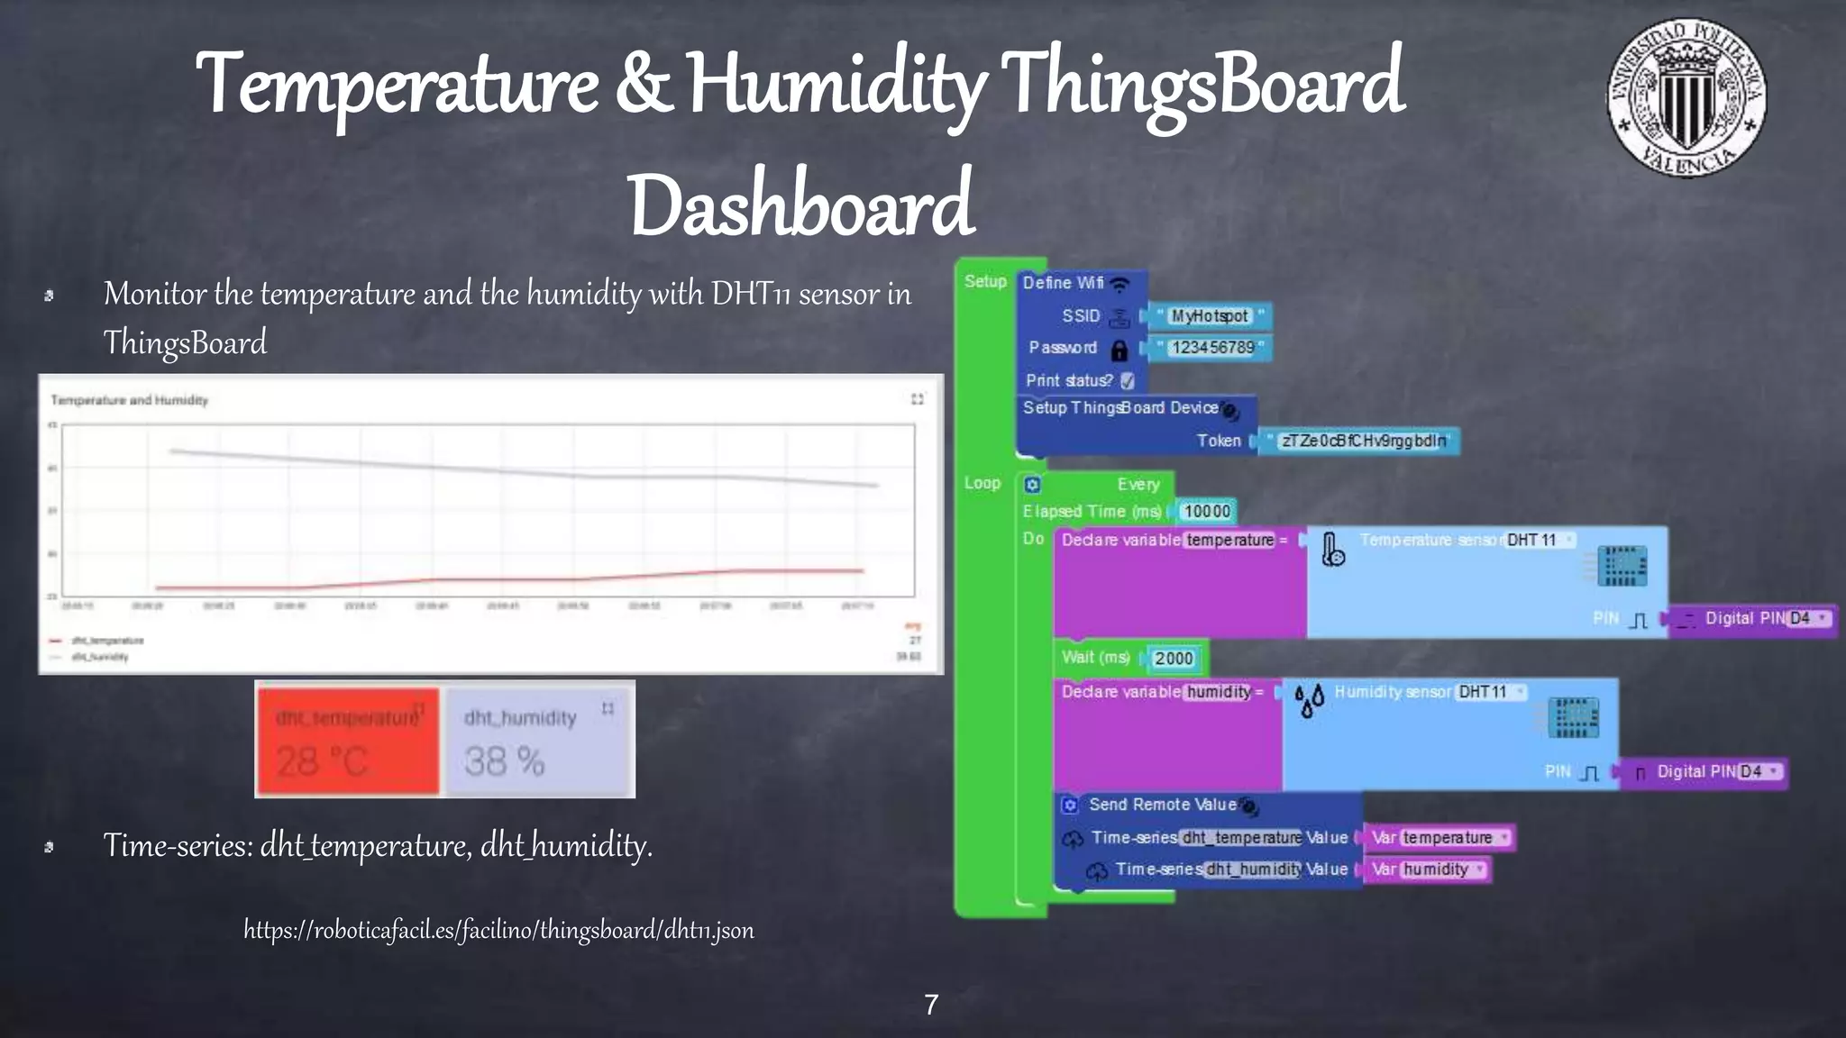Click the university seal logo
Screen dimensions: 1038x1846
point(1686,97)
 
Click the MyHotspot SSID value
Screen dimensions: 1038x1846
point(1210,316)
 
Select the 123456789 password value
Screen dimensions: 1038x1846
point(1211,348)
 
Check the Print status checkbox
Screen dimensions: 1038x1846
point(1128,381)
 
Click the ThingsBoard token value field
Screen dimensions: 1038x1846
point(1362,441)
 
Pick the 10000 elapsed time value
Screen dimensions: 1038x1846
point(1206,512)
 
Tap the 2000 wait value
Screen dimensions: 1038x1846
point(1174,659)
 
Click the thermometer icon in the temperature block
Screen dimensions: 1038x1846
point(1332,550)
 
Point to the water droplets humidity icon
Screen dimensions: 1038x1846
point(1309,700)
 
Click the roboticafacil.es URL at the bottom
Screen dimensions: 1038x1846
point(498,930)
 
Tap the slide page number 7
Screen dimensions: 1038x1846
point(931,1005)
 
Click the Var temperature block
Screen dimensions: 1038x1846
point(1439,838)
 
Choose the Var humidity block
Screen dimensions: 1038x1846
point(1428,870)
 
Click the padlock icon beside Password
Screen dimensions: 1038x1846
point(1119,350)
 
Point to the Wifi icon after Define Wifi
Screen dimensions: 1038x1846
point(1119,285)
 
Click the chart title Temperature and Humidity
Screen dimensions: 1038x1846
point(129,400)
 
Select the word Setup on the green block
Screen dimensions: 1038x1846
point(985,281)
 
